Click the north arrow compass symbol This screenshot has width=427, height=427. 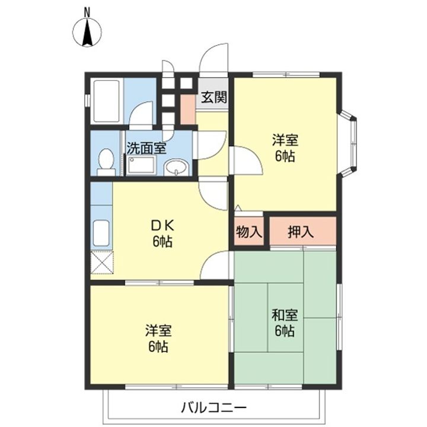[x=87, y=32]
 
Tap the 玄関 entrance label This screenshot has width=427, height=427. [x=214, y=97]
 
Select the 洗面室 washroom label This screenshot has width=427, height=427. [x=146, y=148]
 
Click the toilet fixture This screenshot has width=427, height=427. [x=106, y=162]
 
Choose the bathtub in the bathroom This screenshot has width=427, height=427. [x=107, y=101]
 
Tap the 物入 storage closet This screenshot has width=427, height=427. [x=249, y=232]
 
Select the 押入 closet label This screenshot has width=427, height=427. [x=301, y=232]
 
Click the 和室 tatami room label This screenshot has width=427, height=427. [x=285, y=315]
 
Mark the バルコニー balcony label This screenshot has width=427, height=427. [x=213, y=408]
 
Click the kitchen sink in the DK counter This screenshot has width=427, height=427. [x=101, y=233]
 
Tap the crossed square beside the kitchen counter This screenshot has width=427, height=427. [x=101, y=263]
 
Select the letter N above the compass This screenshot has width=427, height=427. [x=87, y=12]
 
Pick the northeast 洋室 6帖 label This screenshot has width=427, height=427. [x=285, y=148]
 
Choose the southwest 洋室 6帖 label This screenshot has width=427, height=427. [x=158, y=338]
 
